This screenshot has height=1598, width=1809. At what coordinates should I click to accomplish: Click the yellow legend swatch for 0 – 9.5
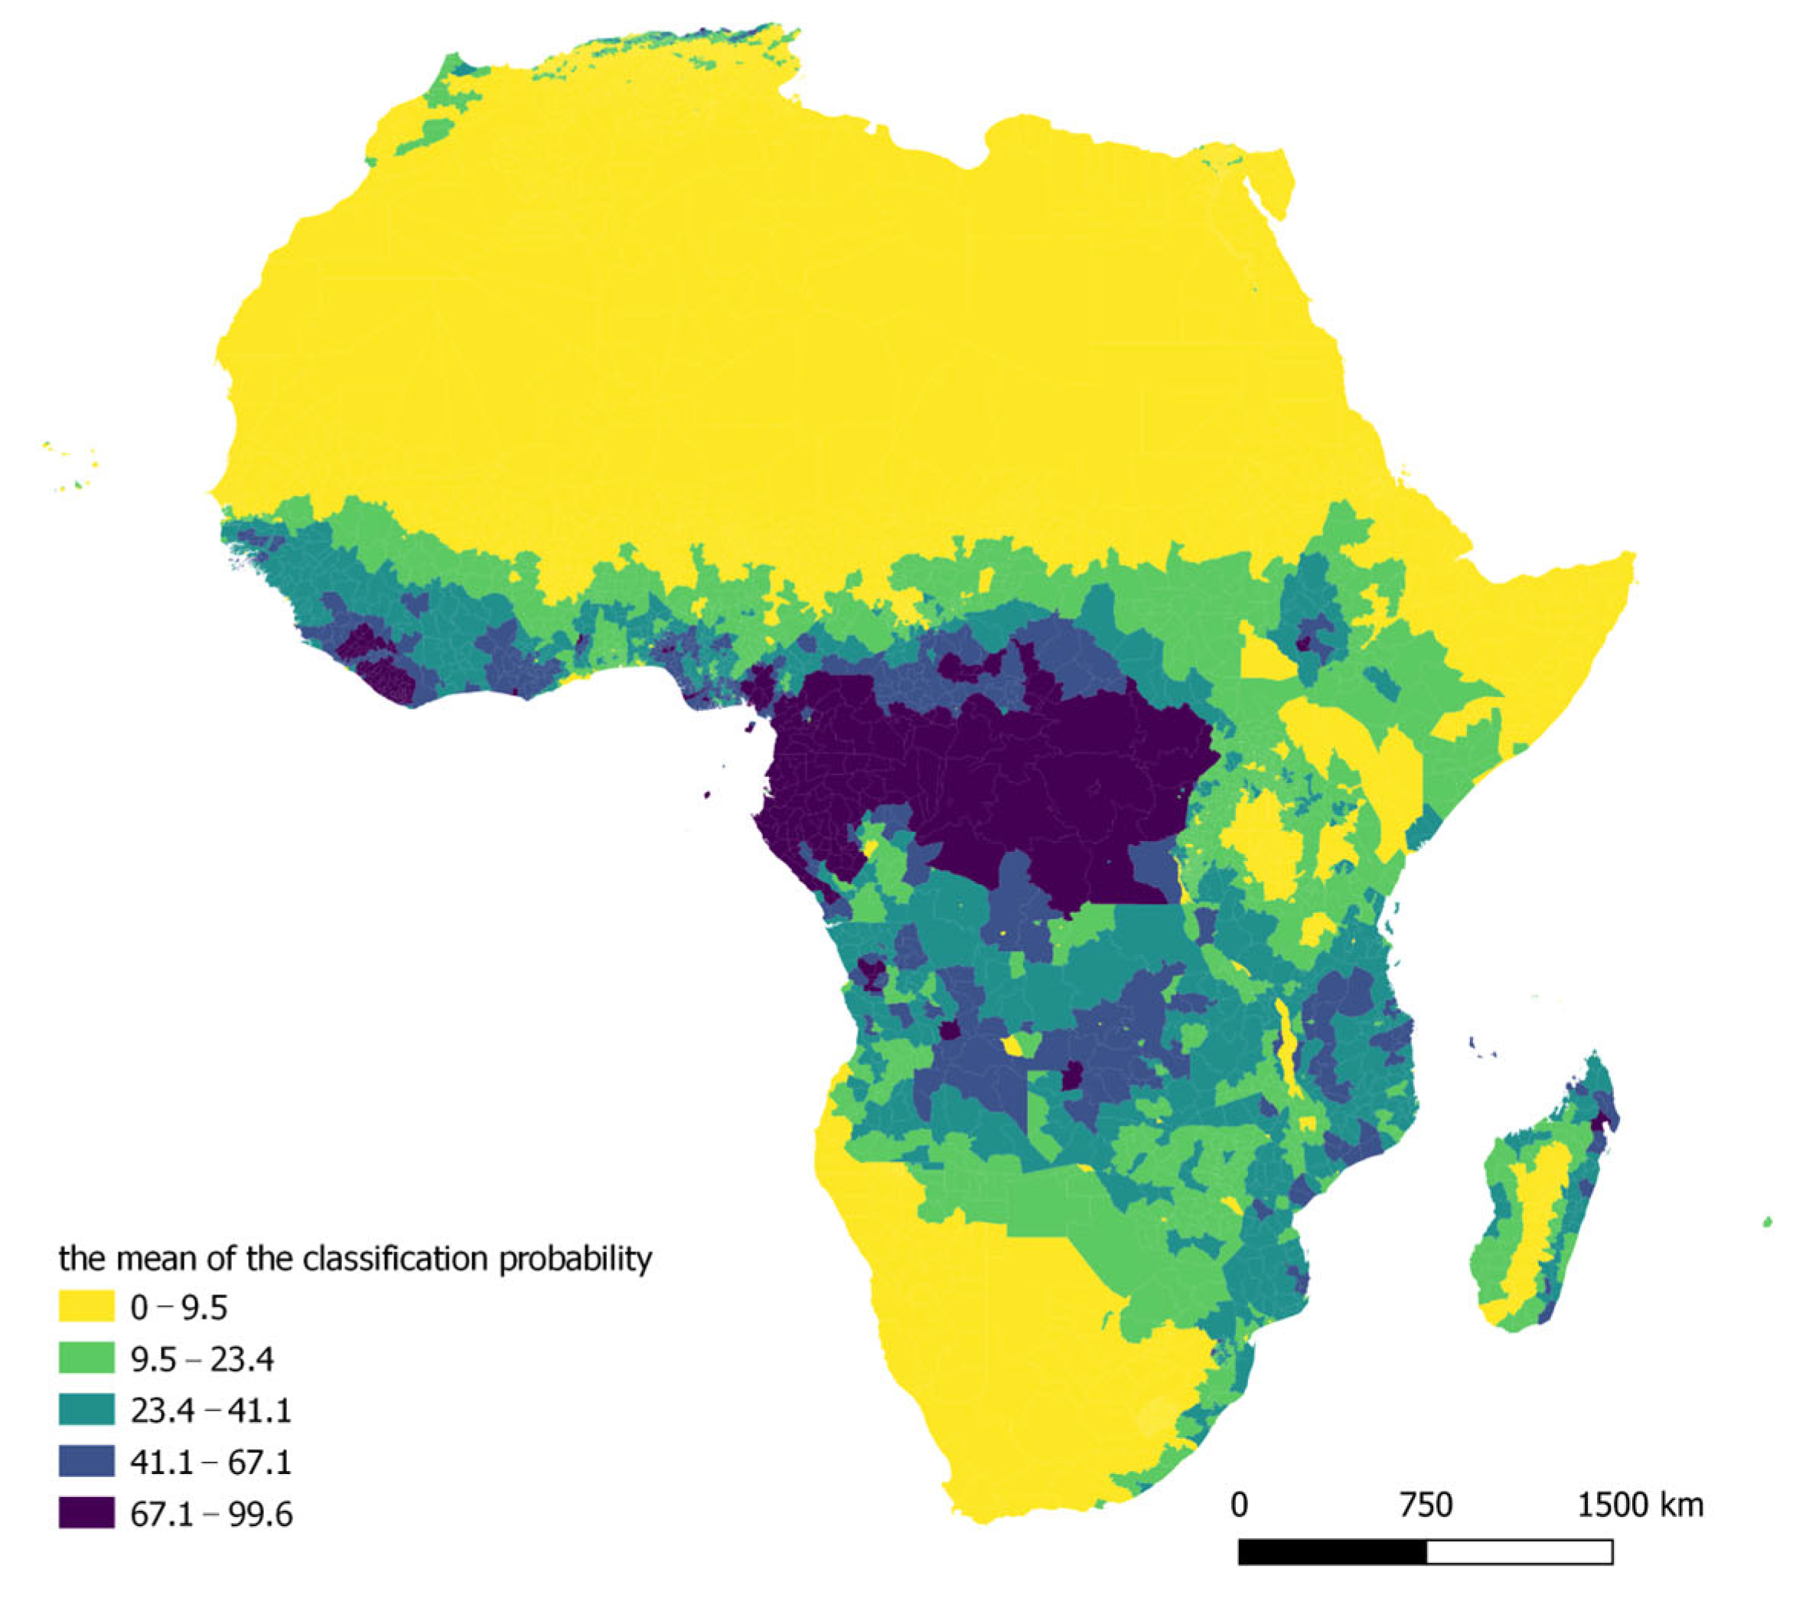tap(86, 1306)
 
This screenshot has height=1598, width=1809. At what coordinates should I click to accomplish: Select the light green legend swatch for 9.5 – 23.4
tap(86, 1358)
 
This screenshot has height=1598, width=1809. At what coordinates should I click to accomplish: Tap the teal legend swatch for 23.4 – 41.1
tap(86, 1410)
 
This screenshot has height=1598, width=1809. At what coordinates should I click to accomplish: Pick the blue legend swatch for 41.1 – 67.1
tap(86, 1461)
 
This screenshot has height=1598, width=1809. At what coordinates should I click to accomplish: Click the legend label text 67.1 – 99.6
tap(210, 1514)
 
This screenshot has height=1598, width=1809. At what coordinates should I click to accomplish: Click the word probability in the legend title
tap(575, 1258)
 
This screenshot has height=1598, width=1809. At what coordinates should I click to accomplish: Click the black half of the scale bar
tap(1332, 1552)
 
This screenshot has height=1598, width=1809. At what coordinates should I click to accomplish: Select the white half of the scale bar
tap(1519, 1552)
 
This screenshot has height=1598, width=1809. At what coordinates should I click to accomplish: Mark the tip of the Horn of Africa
tap(1634, 556)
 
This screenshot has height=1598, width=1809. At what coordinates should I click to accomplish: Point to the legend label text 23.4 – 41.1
tap(210, 1410)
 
